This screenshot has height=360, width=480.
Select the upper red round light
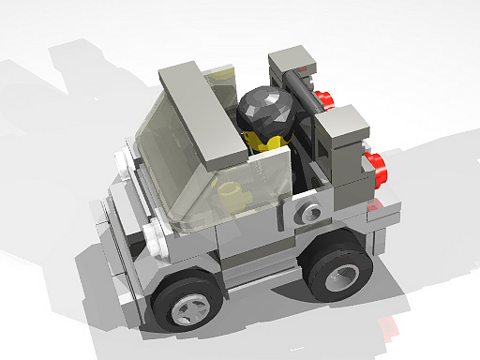[324, 97]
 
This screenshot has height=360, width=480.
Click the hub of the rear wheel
[342, 275]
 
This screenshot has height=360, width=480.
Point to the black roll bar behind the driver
[305, 103]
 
